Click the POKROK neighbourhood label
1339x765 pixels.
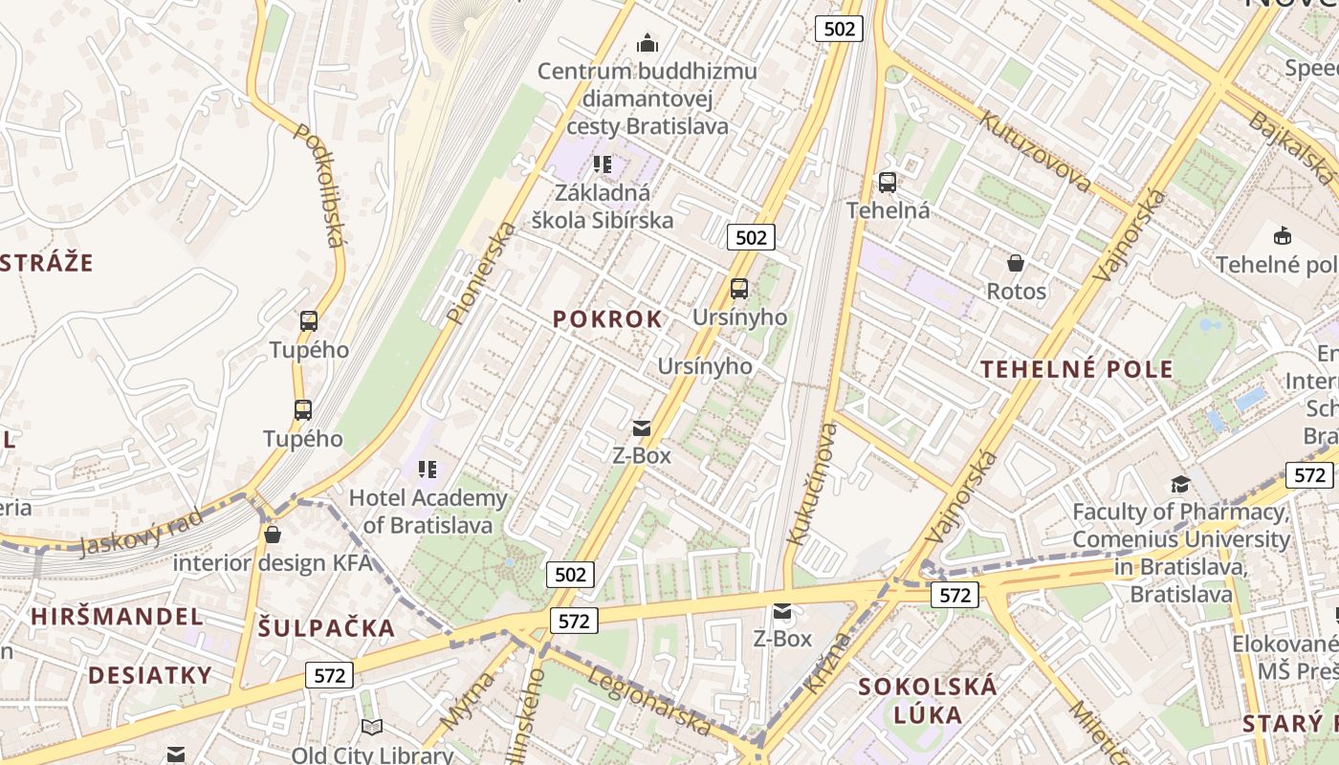point(607,319)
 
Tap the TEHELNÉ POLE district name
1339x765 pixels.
point(1077,370)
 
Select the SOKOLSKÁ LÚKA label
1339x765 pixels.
point(927,699)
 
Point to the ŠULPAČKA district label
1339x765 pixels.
point(326,628)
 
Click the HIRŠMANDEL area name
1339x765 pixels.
point(117,617)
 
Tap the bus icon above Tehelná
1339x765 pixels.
point(888,183)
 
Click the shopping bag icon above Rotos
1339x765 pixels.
point(1016,262)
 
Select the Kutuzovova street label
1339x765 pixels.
point(1036,151)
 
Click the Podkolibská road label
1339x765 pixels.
point(318,185)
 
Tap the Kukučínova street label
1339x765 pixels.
point(811,484)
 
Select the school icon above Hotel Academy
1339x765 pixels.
point(428,470)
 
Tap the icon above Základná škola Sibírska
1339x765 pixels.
point(603,164)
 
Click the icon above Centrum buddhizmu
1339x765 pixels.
point(648,44)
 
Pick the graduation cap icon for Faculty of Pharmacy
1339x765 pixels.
point(1180,485)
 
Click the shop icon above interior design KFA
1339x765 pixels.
point(273,535)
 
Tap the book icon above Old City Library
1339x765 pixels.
point(372,728)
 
